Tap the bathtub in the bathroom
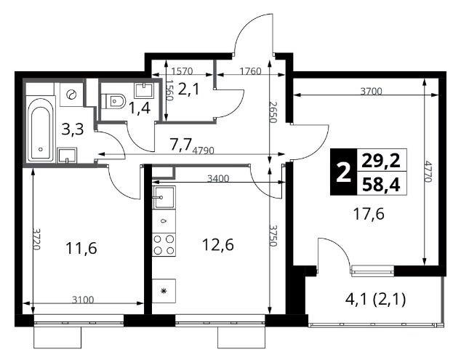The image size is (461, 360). pyautogui.click(x=41, y=129)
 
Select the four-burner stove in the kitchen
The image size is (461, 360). pyautogui.click(x=164, y=244)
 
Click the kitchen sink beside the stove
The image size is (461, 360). pyautogui.click(x=164, y=197)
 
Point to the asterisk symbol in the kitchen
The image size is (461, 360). pyautogui.click(x=164, y=291)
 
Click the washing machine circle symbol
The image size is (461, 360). pyautogui.click(x=71, y=95)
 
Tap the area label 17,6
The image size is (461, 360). pyautogui.click(x=369, y=214)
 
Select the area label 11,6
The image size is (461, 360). pyautogui.click(x=81, y=248)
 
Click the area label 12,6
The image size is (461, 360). pyautogui.click(x=218, y=244)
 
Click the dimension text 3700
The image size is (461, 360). pyautogui.click(x=372, y=91)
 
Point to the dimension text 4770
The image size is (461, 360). pyautogui.click(x=428, y=172)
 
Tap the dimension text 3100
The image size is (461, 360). pyautogui.click(x=83, y=300)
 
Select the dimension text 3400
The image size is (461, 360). pyautogui.click(x=218, y=178)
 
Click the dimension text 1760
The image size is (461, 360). pyautogui.click(x=250, y=71)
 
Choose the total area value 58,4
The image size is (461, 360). pyautogui.click(x=381, y=185)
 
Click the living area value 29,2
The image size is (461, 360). pyautogui.click(x=381, y=161)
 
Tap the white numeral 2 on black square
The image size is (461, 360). pyautogui.click(x=343, y=173)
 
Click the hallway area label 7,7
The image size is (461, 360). pyautogui.click(x=180, y=144)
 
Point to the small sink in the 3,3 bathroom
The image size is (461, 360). pyautogui.click(x=68, y=155)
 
